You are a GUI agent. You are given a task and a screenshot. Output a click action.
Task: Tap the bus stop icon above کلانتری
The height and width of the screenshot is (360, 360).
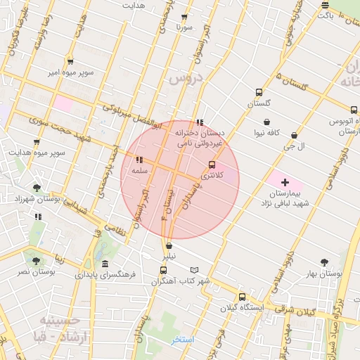(212, 165)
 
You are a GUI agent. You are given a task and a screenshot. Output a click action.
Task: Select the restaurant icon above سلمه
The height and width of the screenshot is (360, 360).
(139, 160)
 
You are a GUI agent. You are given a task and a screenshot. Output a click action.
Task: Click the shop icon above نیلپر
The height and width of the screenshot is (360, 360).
(169, 247)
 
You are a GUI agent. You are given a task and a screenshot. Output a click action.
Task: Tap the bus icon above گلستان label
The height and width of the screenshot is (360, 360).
(259, 92)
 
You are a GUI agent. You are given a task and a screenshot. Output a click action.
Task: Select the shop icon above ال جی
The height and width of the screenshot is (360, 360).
(294, 136)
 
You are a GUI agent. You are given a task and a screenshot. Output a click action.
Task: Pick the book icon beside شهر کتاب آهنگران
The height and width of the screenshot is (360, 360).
(195, 271)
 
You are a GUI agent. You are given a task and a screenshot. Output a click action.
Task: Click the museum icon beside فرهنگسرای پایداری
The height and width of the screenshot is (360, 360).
(105, 264)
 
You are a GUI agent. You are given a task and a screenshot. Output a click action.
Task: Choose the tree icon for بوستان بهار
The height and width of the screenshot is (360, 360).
(324, 262)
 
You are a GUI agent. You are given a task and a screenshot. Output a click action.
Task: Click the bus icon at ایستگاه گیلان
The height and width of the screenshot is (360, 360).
(242, 297)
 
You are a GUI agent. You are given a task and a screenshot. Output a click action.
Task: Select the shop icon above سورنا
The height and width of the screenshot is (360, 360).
(184, 17)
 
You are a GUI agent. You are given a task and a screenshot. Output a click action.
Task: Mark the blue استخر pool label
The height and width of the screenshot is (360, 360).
(182, 340)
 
